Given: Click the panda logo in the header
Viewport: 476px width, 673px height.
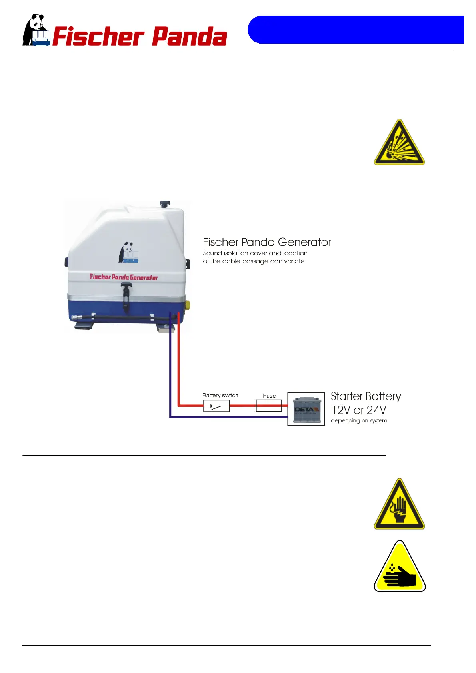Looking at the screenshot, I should click(36, 30).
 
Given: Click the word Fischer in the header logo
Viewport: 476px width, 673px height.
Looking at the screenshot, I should click(98, 37).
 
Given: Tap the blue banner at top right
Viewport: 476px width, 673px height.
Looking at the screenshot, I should click(356, 30).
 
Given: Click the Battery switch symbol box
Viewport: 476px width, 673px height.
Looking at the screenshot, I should click(216, 406).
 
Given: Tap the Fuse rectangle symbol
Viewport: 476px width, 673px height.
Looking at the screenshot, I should click(269, 406).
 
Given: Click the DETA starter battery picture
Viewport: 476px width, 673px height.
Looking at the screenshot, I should click(306, 409).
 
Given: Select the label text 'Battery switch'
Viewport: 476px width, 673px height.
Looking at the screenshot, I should click(220, 395).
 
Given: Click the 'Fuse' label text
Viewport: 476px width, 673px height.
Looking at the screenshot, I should click(269, 396).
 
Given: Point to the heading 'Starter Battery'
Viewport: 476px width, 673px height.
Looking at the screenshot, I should click(366, 396).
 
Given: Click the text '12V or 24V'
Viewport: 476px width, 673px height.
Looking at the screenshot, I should click(359, 410).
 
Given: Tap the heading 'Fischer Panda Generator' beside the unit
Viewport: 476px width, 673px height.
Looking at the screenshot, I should click(267, 242).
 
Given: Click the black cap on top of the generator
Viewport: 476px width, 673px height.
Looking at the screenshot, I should click(165, 204).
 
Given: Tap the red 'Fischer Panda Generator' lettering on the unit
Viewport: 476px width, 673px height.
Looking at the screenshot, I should click(124, 277).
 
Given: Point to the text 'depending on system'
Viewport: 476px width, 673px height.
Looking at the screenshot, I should click(359, 420).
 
